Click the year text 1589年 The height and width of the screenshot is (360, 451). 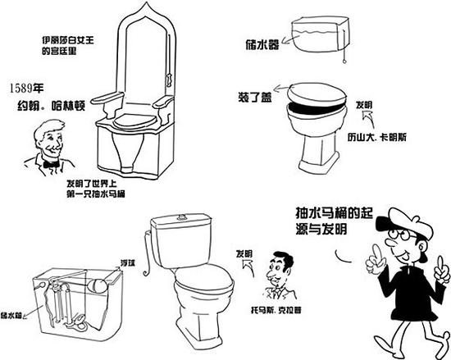tap(26, 89)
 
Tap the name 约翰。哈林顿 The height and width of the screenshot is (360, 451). tap(51, 106)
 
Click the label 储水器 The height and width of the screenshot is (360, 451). tap(262, 44)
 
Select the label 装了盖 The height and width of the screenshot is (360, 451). tap(255, 98)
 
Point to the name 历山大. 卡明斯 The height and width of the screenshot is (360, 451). tap(377, 138)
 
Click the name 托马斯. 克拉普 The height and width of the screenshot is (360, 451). tap(276, 311)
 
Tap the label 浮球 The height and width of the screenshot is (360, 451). tap(128, 262)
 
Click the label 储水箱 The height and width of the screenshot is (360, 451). tap(11, 315)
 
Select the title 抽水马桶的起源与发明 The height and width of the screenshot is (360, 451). tap(335, 221)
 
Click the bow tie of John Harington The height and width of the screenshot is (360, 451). tap(52, 165)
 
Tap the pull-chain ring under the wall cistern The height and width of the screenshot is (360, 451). tap(344, 61)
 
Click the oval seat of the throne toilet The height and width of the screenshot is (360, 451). tap(134, 121)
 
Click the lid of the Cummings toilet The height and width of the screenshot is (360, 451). tap(317, 93)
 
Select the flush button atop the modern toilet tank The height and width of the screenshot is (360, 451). tap(181, 217)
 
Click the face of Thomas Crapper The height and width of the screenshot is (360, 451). tap(276, 271)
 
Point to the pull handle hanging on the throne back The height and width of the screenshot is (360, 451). tap(169, 79)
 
